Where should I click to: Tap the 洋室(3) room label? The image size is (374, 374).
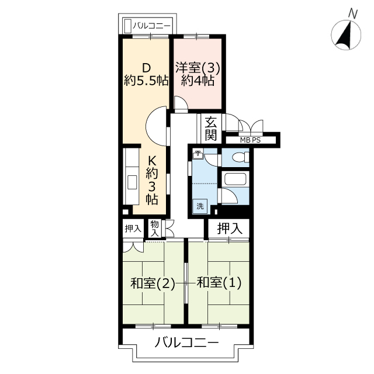(198, 68)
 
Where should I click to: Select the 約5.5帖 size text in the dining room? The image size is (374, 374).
(146, 81)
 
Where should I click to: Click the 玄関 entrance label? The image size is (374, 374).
(211, 129)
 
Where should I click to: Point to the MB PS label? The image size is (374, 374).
(250, 140)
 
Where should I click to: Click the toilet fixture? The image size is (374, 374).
(240, 157)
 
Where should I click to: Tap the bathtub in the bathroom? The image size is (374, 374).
(235, 179)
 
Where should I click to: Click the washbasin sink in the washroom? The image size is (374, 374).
(198, 154)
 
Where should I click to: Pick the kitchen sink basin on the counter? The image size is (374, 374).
(132, 182)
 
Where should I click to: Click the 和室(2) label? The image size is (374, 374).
(153, 283)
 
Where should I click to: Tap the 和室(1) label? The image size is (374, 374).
(219, 283)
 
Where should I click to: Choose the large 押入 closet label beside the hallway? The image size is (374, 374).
(230, 228)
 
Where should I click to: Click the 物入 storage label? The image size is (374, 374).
(154, 228)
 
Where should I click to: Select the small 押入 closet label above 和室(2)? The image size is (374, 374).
(133, 229)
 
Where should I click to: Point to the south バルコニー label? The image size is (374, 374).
(186, 343)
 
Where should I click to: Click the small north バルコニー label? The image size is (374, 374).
(152, 26)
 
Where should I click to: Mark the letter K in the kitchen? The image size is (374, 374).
(152, 161)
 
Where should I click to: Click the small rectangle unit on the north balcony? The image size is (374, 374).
(128, 26)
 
